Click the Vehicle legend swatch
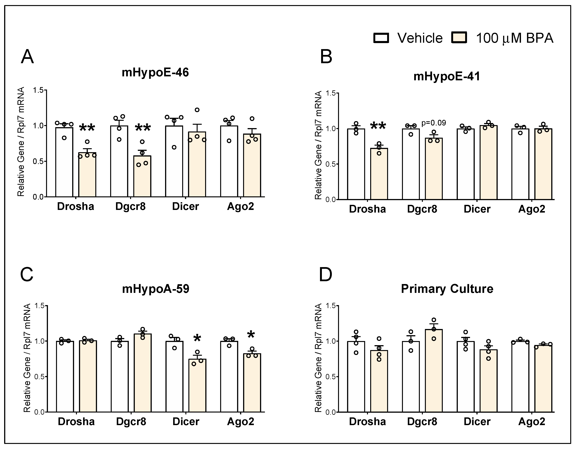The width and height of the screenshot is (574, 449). (381, 38)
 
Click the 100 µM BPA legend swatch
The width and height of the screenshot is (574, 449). (459, 38)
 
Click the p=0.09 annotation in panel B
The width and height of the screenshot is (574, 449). (434, 123)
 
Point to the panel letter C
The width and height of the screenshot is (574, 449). (27, 274)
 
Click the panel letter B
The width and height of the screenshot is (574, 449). (326, 57)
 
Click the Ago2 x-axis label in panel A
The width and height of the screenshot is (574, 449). (240, 207)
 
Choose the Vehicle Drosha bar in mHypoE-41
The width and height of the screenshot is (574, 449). (356, 164)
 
